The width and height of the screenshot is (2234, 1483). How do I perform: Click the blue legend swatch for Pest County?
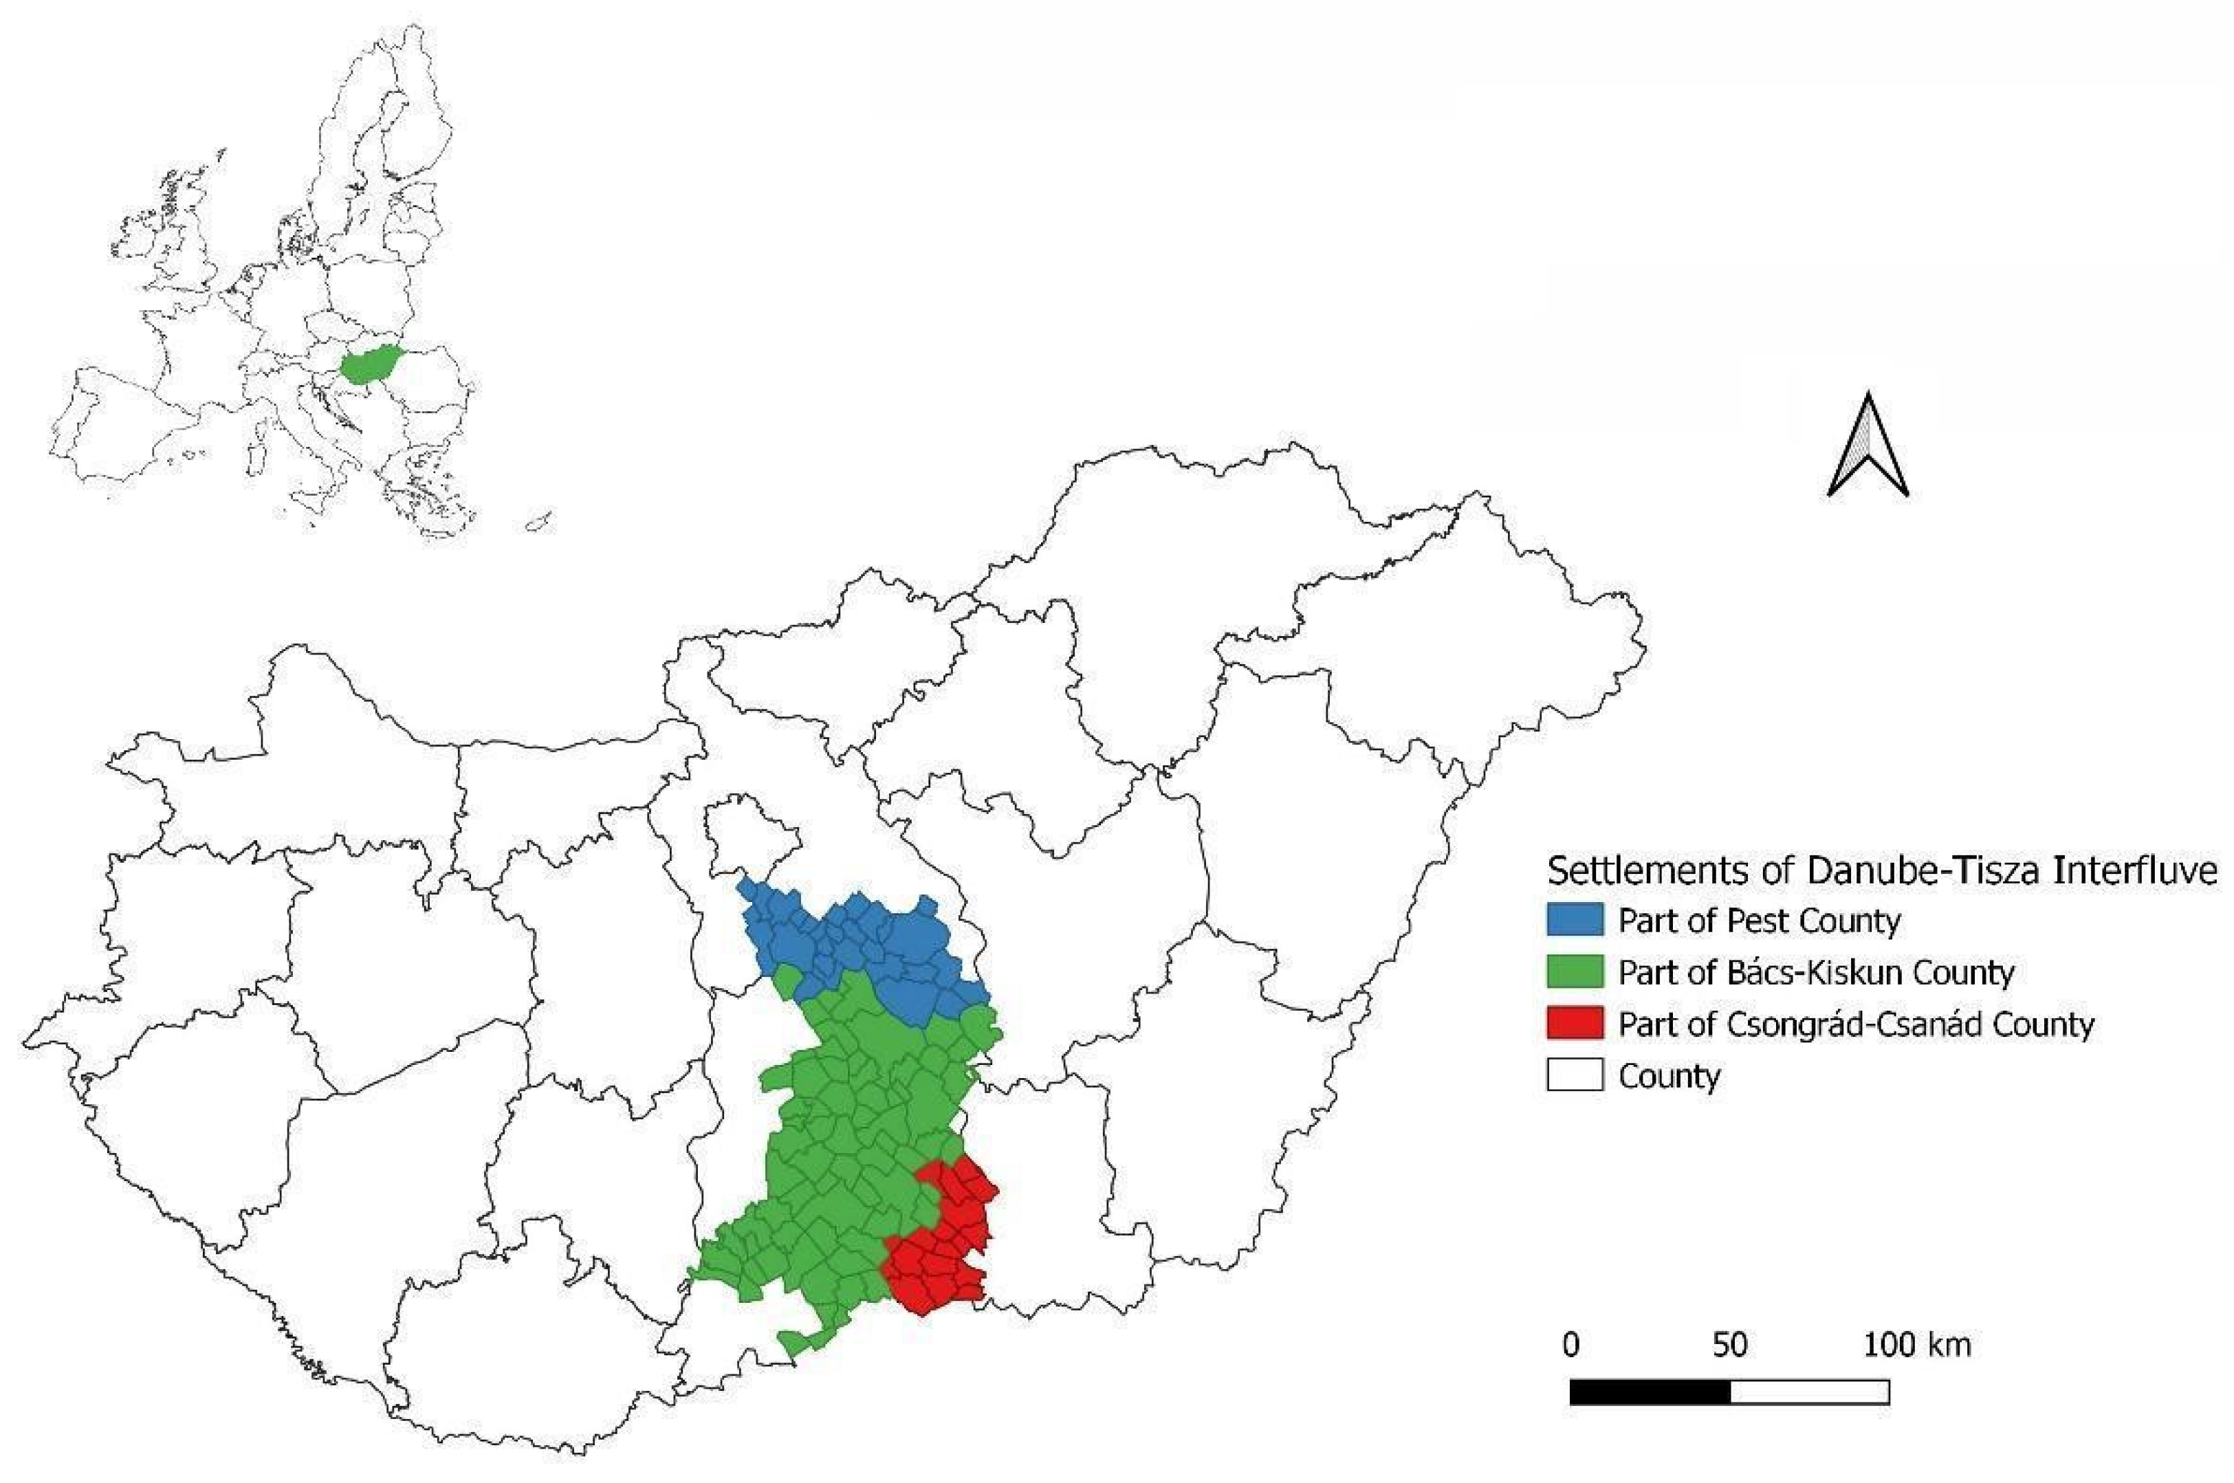pos(1574,919)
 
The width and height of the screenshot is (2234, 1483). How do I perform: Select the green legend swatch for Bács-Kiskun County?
pos(1574,971)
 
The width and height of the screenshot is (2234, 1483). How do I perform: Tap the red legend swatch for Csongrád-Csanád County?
pos(1574,1023)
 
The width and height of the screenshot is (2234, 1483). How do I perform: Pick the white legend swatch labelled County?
pos(1574,1075)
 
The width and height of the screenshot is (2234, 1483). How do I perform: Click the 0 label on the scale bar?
pos(1571,1345)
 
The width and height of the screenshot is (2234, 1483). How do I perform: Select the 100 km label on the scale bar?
pos(1917,1345)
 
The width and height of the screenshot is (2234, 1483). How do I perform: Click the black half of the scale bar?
pos(1650,1392)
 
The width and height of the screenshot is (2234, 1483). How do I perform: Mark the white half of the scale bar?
pos(1809,1392)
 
